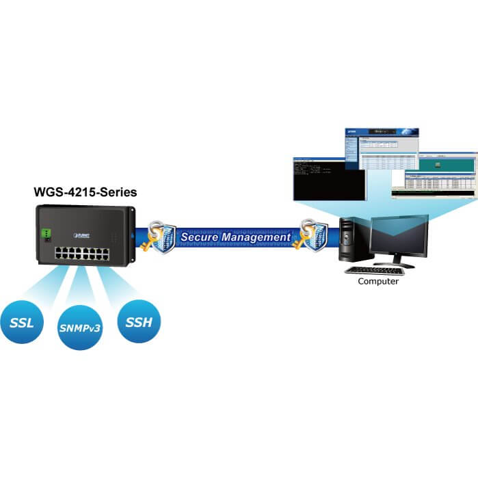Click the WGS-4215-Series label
pos(85,193)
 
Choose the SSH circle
pos(139,321)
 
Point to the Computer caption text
pos(378,281)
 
